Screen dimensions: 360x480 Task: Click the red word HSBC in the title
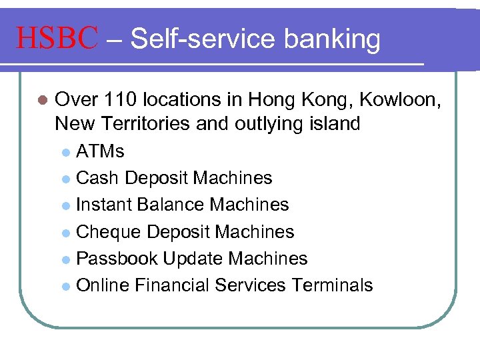57,39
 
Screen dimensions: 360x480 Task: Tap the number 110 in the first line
118,100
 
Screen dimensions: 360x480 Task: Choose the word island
331,123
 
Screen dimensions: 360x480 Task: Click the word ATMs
100,151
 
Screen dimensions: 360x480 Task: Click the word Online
103,285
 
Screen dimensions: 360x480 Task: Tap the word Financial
171,285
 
